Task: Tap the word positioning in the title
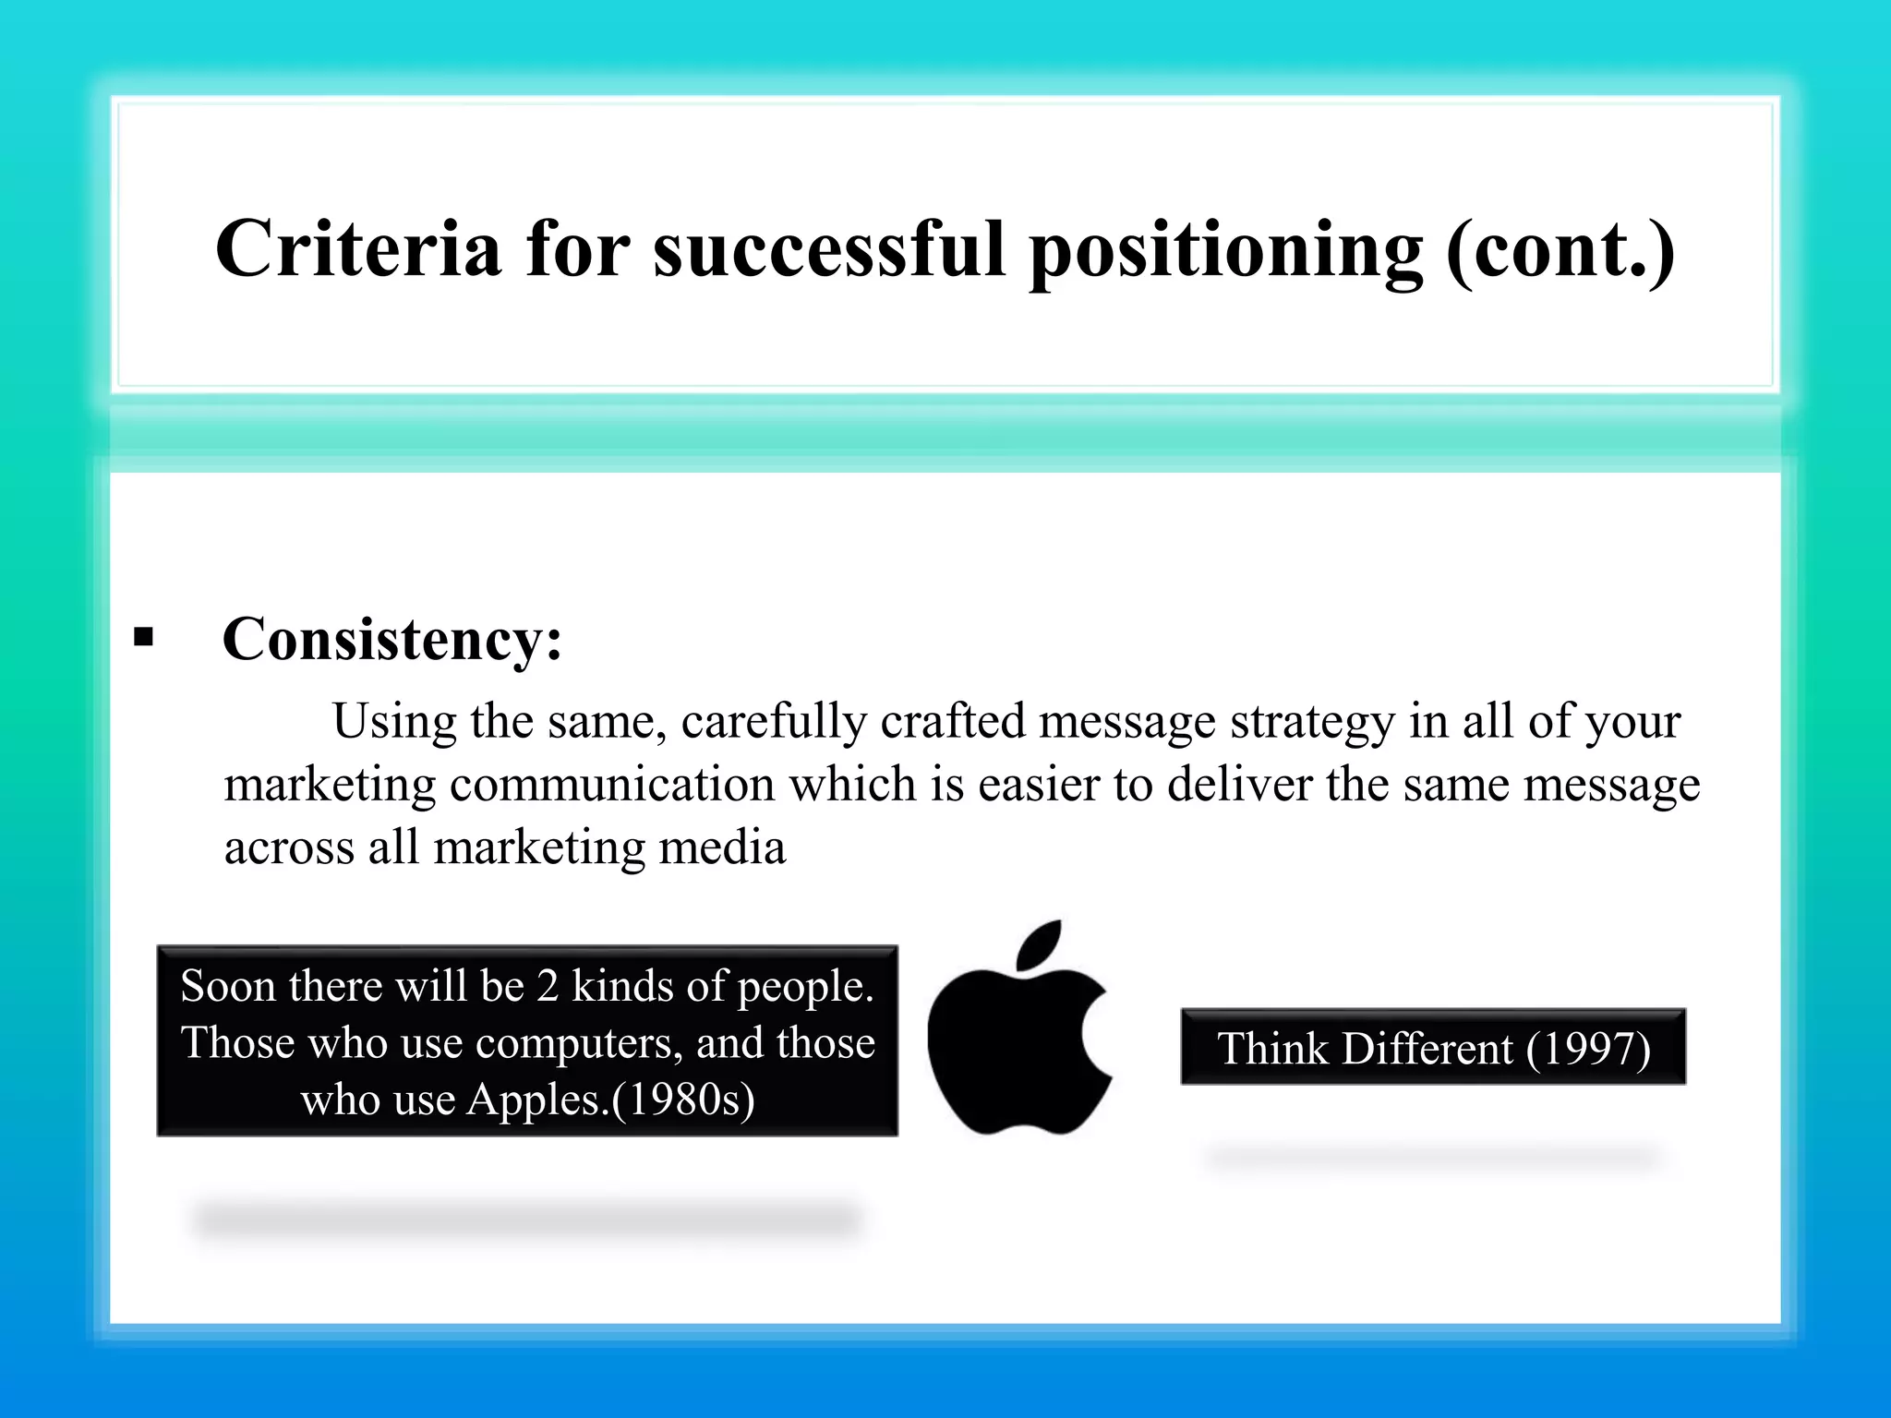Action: pos(1225,251)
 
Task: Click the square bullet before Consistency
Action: pos(143,637)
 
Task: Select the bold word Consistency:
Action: pos(392,639)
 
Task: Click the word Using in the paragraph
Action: pos(394,722)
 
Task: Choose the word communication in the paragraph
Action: pos(611,785)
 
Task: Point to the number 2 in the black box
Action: pos(548,986)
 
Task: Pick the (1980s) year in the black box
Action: pos(682,1100)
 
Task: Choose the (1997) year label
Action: pos(1587,1049)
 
